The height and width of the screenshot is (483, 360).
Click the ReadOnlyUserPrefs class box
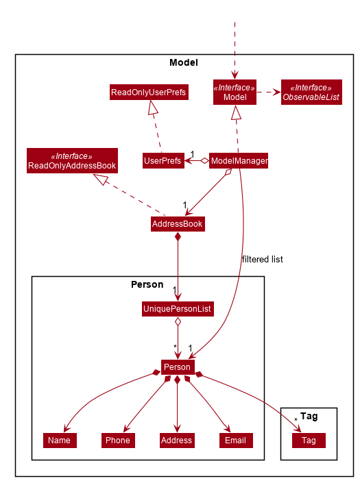point(149,92)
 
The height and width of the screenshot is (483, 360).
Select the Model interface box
point(235,92)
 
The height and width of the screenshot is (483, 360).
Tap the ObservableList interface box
point(311,92)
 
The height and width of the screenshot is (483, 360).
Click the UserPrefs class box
point(163,161)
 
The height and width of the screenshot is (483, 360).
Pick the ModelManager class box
point(239,161)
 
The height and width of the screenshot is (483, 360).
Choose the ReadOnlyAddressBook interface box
point(72,161)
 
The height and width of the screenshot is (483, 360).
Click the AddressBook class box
point(178,224)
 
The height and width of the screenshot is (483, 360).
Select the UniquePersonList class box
point(178,310)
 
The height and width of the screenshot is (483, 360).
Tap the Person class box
point(177,367)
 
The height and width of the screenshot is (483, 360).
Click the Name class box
point(60,440)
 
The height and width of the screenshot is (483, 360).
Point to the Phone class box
point(117,440)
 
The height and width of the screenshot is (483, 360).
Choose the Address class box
point(177,440)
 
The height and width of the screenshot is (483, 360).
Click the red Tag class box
point(309,440)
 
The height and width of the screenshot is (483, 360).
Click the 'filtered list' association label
point(262,260)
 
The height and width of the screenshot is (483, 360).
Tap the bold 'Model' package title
point(183,63)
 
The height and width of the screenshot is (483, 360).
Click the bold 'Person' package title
point(147,284)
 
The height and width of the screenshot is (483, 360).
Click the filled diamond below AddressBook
point(178,237)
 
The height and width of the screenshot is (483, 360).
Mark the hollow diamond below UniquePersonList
point(178,322)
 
